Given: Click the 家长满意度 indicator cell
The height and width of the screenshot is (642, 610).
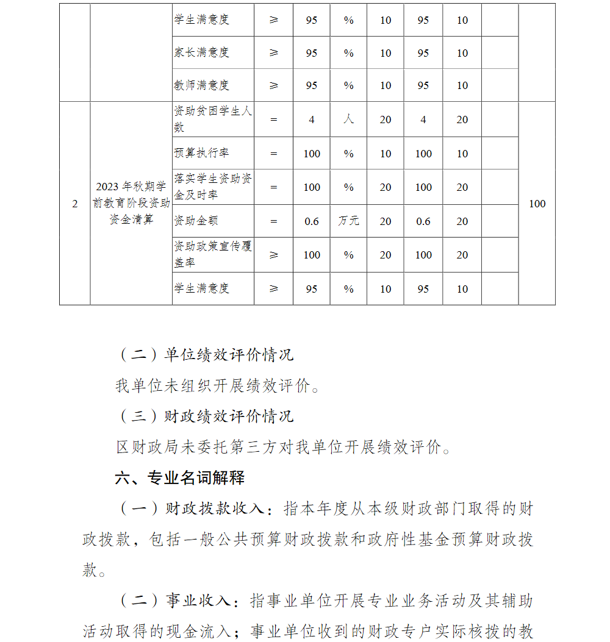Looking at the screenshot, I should [x=202, y=53].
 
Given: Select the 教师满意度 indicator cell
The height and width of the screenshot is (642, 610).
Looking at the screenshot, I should [x=202, y=85].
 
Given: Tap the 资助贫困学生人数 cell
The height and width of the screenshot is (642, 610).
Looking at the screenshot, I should [x=212, y=119].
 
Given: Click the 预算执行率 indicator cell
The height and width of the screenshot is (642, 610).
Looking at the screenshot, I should [x=202, y=154].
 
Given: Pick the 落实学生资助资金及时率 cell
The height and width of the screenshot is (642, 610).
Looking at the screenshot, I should [x=212, y=187].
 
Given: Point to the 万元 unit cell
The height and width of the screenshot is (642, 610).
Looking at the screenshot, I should [x=348, y=221].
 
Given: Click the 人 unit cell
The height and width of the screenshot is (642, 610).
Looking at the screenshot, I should [x=348, y=119].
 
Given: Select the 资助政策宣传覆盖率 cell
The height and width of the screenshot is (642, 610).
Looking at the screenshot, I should [x=212, y=255].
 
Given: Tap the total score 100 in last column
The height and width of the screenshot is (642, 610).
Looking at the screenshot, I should [x=537, y=204].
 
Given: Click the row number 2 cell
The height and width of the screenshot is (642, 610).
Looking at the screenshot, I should [x=75, y=204].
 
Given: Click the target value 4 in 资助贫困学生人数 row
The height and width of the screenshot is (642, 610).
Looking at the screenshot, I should [x=312, y=119].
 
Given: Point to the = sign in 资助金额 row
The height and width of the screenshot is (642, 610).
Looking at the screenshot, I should [x=273, y=221].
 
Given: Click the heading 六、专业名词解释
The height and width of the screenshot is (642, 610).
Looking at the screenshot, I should [x=180, y=478].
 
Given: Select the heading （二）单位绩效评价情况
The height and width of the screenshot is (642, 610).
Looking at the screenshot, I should [x=205, y=354].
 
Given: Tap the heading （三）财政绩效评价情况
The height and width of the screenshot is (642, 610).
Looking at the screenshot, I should [x=205, y=416].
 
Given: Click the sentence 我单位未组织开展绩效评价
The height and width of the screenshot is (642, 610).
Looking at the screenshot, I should [x=217, y=385].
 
